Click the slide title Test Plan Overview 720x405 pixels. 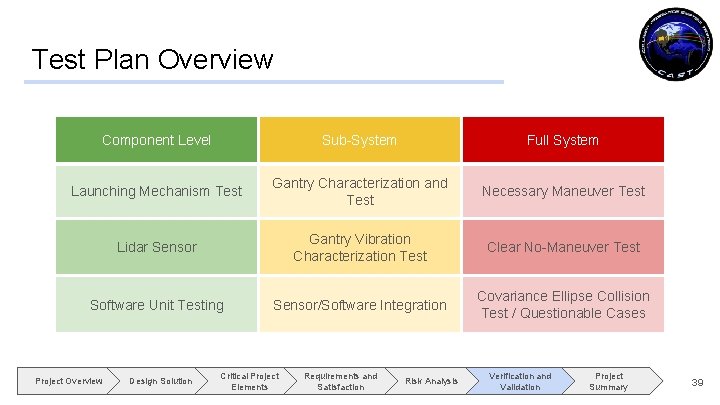click(x=152, y=59)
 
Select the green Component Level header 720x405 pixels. click(x=156, y=140)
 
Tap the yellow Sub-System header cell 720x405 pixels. click(x=359, y=140)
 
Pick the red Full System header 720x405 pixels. click(x=562, y=140)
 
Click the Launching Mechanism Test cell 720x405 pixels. click(x=156, y=191)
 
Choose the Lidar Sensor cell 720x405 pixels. click(x=156, y=247)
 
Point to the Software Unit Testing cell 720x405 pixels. click(x=156, y=305)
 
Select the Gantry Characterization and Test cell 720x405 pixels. click(x=359, y=191)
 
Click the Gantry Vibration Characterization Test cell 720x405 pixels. click(x=359, y=247)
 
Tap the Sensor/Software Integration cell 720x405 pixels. click(x=359, y=305)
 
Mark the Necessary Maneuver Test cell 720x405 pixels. click(x=562, y=191)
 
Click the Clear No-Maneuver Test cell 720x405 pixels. click(x=562, y=247)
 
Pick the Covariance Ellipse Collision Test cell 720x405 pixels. click(x=562, y=305)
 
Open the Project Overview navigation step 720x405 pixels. click(x=68, y=381)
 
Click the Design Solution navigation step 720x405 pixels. click(x=160, y=381)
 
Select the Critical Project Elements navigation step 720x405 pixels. click(x=249, y=381)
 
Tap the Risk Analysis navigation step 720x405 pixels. click(x=431, y=381)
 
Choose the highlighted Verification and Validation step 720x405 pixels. click(x=519, y=381)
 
